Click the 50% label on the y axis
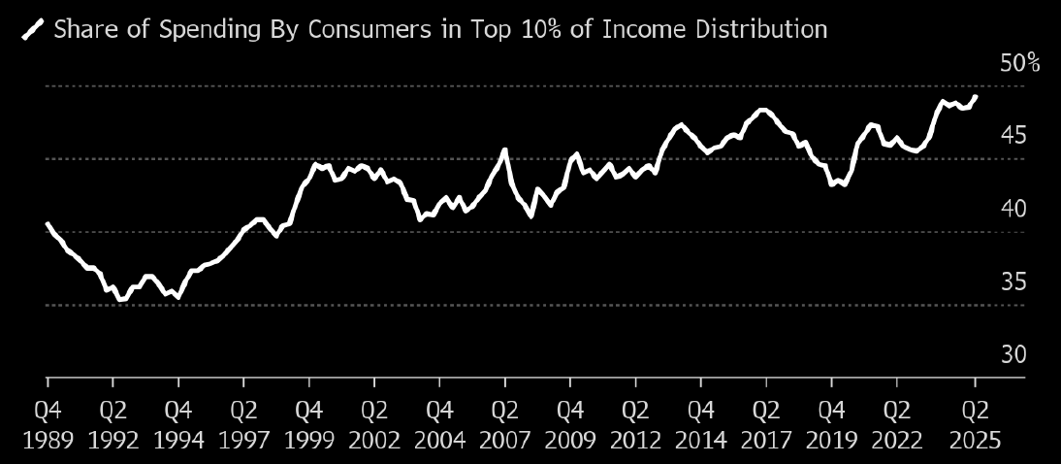coord(1018,63)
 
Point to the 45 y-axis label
coord(1014,136)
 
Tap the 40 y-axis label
coord(1014,209)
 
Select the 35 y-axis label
coord(1014,282)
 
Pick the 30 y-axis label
coord(1014,354)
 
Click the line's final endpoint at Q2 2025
coord(975,97)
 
